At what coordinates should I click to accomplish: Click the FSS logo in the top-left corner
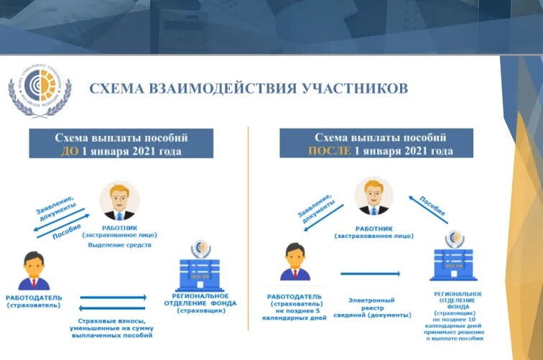pos(40,89)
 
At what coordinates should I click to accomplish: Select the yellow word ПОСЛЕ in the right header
pos(329,151)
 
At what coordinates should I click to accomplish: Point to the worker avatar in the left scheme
pos(119,200)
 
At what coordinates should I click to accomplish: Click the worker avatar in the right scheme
pos(373,196)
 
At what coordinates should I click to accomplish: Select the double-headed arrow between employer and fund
pos(113,297)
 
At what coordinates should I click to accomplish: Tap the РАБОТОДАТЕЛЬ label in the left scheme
pos(34,297)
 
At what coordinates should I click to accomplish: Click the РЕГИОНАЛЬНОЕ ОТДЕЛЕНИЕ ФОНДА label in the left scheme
pos(200,300)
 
